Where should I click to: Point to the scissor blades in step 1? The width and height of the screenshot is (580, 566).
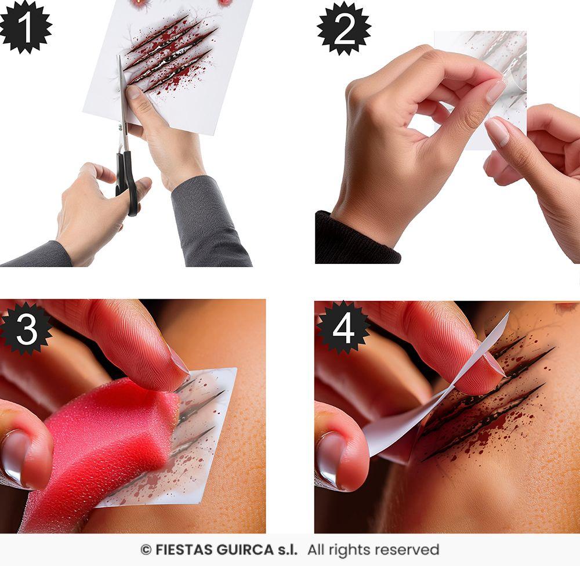pos(123,99)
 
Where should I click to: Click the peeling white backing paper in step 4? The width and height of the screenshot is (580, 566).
pos(406,423)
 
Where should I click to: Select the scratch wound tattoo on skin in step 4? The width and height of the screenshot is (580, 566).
pos(487,400)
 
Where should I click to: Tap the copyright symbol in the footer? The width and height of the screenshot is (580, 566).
pos(146,550)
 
